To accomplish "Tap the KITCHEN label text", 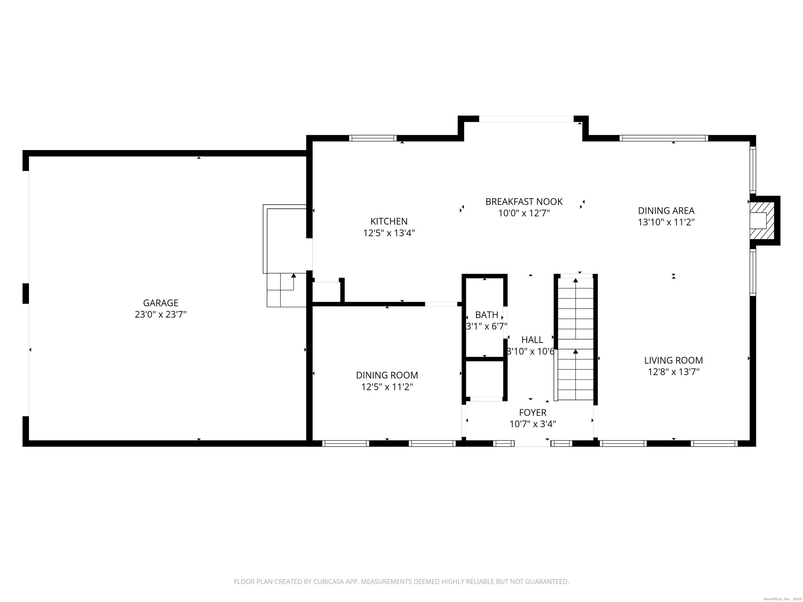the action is (x=389, y=221).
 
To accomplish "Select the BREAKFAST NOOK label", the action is (x=524, y=201).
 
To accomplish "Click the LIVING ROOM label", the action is (x=673, y=360).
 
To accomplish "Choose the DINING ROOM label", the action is (x=387, y=375).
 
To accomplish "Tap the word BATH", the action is (x=487, y=315).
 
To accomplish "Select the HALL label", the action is (x=532, y=340).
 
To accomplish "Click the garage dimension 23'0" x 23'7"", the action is (x=160, y=314).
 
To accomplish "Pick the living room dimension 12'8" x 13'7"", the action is (x=673, y=372).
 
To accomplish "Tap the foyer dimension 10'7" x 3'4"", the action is (x=532, y=424).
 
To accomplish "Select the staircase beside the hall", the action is (x=575, y=338).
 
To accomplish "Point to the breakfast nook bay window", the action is (x=526, y=119).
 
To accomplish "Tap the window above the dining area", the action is (x=664, y=138).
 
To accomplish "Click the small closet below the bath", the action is (x=485, y=379).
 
